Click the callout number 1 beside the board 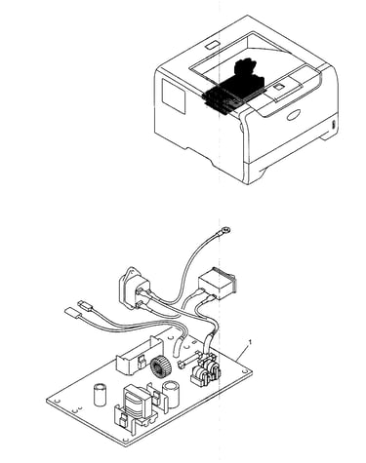[x=250, y=341]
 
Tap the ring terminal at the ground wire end [x=225, y=231]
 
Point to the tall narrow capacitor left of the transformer [x=100, y=395]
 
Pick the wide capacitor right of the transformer [x=171, y=395]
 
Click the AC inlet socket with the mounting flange [x=135, y=289]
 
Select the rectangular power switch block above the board [x=218, y=283]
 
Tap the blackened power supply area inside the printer [x=236, y=87]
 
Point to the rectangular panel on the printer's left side [x=174, y=96]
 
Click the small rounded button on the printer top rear [x=213, y=45]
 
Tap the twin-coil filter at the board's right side [x=204, y=371]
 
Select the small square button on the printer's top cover [x=279, y=87]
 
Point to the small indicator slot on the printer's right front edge [x=333, y=125]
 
